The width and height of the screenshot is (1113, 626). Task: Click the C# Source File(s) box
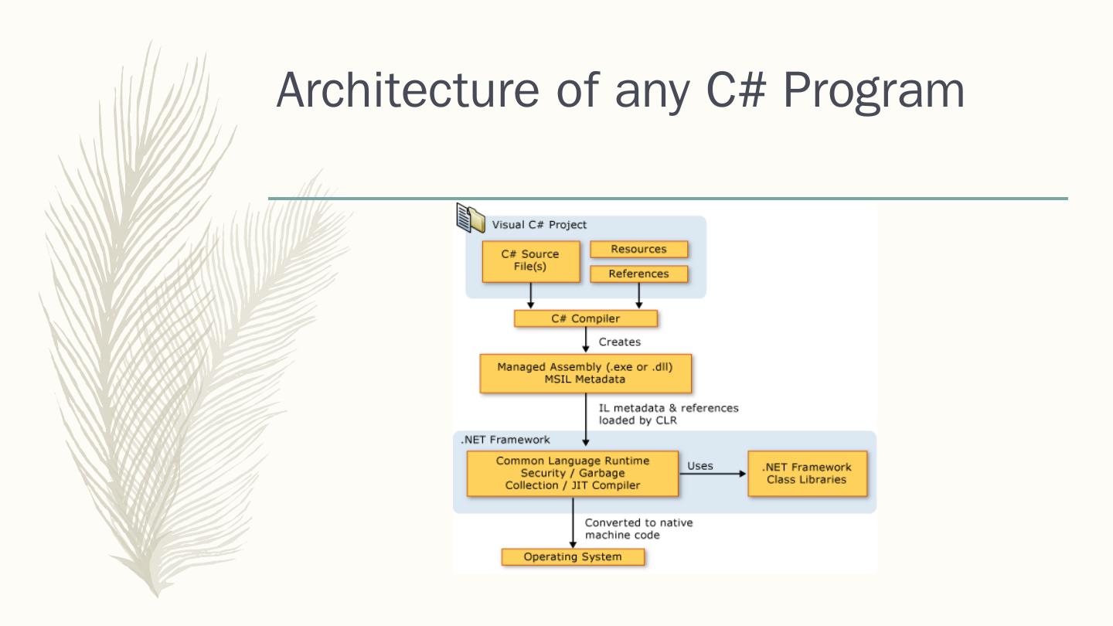(x=531, y=261)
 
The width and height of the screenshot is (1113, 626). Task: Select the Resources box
(x=638, y=249)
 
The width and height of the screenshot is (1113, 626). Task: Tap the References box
(x=638, y=274)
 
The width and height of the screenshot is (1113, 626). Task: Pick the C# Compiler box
(x=585, y=318)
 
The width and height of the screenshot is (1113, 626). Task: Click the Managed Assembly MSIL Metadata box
(x=585, y=373)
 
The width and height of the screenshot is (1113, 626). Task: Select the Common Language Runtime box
(x=573, y=473)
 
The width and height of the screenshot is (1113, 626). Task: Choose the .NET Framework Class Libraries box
(x=807, y=473)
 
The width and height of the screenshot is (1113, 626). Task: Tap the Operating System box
(x=573, y=557)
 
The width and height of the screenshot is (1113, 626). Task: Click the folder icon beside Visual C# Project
(x=470, y=218)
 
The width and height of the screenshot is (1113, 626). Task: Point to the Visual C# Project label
(x=539, y=225)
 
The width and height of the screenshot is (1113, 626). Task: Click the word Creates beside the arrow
(x=620, y=342)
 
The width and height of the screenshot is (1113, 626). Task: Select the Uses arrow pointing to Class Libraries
(x=713, y=474)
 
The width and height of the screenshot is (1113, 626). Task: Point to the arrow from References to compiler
(x=639, y=295)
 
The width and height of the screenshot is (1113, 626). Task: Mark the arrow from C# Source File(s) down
(x=531, y=295)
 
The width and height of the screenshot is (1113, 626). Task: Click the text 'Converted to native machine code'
(x=638, y=529)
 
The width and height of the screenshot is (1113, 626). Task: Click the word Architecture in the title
(x=407, y=90)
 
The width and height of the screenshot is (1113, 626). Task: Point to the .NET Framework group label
(x=505, y=440)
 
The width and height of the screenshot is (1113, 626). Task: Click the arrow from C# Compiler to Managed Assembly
(x=586, y=340)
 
